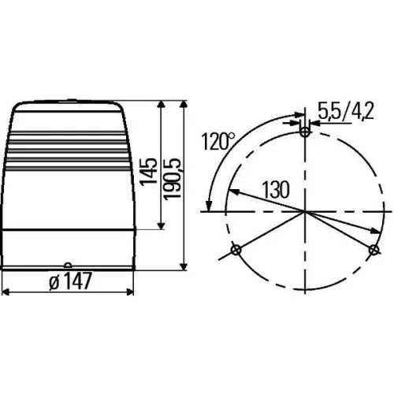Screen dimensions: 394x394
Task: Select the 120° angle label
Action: point(217,143)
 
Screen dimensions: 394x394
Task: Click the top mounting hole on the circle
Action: point(305,132)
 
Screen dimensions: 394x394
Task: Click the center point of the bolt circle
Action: point(305,211)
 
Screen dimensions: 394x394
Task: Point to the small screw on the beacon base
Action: point(68,266)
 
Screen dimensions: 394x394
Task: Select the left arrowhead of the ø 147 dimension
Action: point(6,291)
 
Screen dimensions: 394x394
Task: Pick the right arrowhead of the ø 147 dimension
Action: point(131,291)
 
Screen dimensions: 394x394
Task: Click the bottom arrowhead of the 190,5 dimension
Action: point(184,267)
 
